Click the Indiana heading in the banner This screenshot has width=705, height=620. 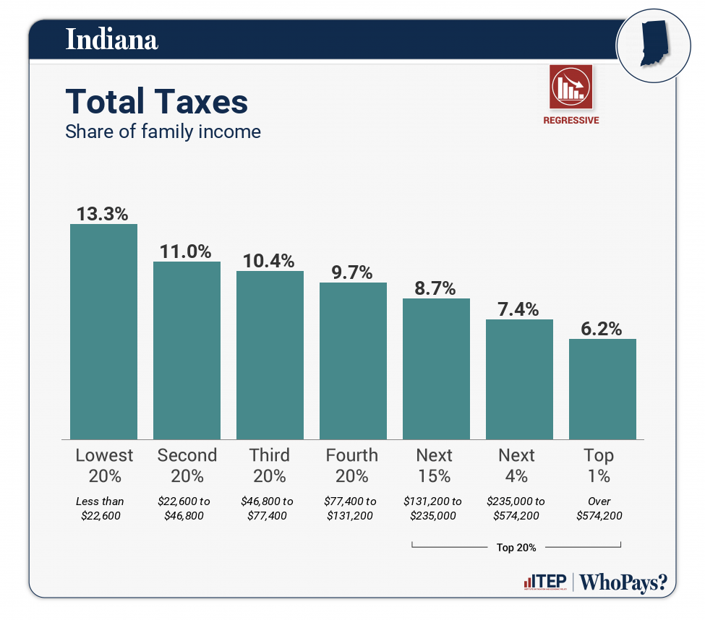pyautogui.click(x=111, y=39)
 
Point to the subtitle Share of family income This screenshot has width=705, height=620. pyautogui.click(x=163, y=132)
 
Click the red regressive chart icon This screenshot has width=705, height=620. pyautogui.click(x=571, y=86)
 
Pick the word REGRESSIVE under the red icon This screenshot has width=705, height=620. pyautogui.click(x=571, y=121)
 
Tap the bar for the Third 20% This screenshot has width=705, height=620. pyautogui.click(x=270, y=355)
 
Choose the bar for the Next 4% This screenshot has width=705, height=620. pyautogui.click(x=519, y=379)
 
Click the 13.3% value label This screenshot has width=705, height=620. pyautogui.click(x=103, y=214)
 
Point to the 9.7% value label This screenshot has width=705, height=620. pyautogui.click(x=352, y=272)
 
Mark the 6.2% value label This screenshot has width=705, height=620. pyautogui.click(x=602, y=329)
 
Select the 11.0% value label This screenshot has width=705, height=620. pyautogui.click(x=186, y=251)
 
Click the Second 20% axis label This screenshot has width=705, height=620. pyautogui.click(x=187, y=465)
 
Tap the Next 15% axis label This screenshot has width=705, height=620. pyautogui.click(x=435, y=465)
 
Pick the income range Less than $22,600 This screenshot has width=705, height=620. pyautogui.click(x=101, y=508)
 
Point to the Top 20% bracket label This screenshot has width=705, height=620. pyautogui.click(x=516, y=547)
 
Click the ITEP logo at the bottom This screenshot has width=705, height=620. pyautogui.click(x=544, y=582)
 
